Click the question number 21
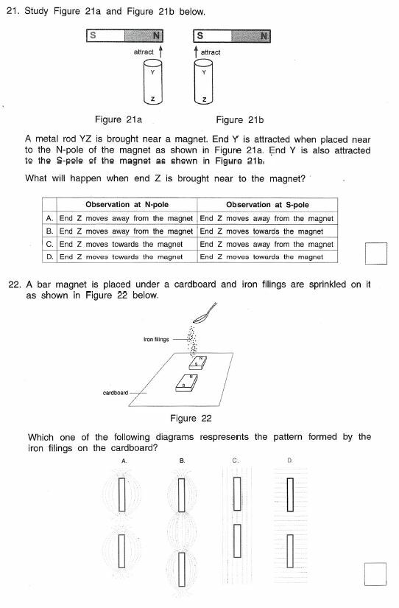click(x=12, y=13)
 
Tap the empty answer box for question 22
click(x=376, y=573)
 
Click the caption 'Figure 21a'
click(x=119, y=119)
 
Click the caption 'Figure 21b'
click(x=239, y=119)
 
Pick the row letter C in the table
click(x=49, y=244)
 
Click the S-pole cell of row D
click(x=266, y=256)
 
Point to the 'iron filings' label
click(x=156, y=340)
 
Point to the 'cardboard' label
click(x=116, y=392)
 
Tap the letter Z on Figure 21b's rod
click(x=205, y=99)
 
